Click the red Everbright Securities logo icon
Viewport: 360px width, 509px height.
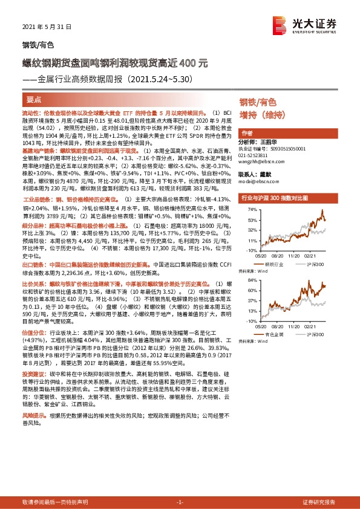(280, 25)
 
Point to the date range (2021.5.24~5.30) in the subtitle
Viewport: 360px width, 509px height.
(159, 79)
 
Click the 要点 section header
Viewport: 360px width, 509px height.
(35, 99)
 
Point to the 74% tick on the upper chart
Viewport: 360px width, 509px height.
(251, 210)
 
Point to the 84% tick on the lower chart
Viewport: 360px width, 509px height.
(251, 281)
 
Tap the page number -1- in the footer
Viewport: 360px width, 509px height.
(180, 502)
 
